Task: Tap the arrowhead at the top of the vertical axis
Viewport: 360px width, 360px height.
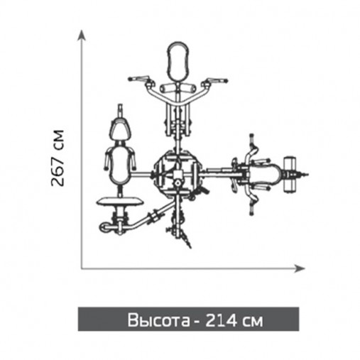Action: coord(82,33)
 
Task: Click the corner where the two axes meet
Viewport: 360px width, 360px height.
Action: coord(82,267)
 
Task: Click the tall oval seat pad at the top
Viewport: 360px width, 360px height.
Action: coord(178,62)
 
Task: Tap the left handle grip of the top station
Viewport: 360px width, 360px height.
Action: coord(138,80)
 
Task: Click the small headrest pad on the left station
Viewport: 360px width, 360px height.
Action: coord(121,130)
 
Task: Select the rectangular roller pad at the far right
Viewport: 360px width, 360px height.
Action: coord(290,173)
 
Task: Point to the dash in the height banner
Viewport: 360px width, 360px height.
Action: coord(193,321)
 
